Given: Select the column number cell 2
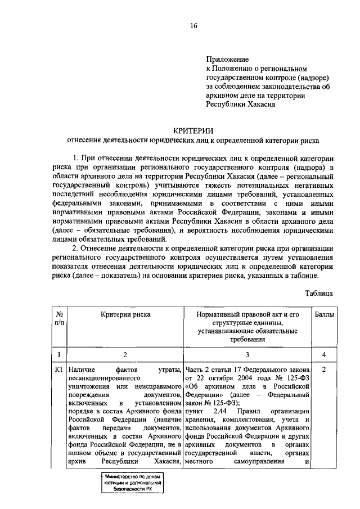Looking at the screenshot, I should [125, 354].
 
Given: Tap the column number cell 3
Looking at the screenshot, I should [247, 354].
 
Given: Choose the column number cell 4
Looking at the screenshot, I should [325, 354].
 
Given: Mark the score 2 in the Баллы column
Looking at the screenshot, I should [325, 370].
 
